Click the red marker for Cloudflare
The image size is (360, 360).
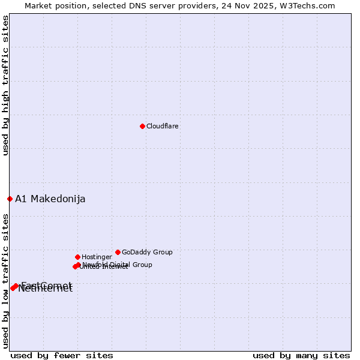tap(142, 126)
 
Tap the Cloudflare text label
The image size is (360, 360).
tap(163, 126)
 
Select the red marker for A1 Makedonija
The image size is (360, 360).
tap(10, 199)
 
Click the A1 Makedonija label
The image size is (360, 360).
tap(50, 199)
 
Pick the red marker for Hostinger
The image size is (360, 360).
tap(77, 257)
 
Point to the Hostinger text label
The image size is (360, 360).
tap(97, 257)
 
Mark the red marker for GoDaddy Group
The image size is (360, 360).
tap(118, 252)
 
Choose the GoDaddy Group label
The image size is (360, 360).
tap(147, 252)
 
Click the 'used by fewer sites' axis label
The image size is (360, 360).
tap(62, 355)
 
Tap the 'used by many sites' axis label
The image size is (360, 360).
tap(301, 355)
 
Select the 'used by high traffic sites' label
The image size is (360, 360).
tap(5, 86)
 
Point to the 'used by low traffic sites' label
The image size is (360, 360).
tap(5, 281)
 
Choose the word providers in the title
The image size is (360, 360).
tap(194, 6)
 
